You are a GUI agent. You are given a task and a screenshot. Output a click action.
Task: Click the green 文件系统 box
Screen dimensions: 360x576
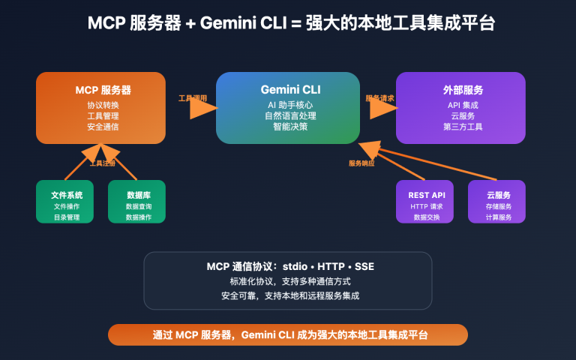[66, 201]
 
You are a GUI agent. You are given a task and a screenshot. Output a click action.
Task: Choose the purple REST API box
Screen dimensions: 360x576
[425, 201]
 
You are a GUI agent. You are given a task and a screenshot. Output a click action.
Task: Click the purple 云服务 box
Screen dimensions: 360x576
[497, 201]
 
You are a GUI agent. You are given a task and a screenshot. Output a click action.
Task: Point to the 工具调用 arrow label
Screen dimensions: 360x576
[192, 98]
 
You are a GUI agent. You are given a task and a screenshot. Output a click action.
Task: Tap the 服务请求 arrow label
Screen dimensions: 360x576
[379, 98]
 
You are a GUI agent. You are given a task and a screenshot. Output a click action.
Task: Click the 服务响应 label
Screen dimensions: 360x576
[361, 163]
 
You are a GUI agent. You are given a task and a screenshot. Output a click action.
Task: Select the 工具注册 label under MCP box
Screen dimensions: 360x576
[103, 163]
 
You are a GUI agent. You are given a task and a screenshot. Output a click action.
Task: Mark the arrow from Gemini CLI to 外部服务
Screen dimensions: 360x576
[383, 109]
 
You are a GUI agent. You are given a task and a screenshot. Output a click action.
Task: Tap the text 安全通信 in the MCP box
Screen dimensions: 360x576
[102, 127]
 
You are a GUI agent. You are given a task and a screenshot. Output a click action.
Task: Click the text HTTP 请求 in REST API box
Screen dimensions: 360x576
[425, 206]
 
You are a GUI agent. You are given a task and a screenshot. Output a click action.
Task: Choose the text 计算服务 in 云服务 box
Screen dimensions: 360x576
[497, 217]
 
